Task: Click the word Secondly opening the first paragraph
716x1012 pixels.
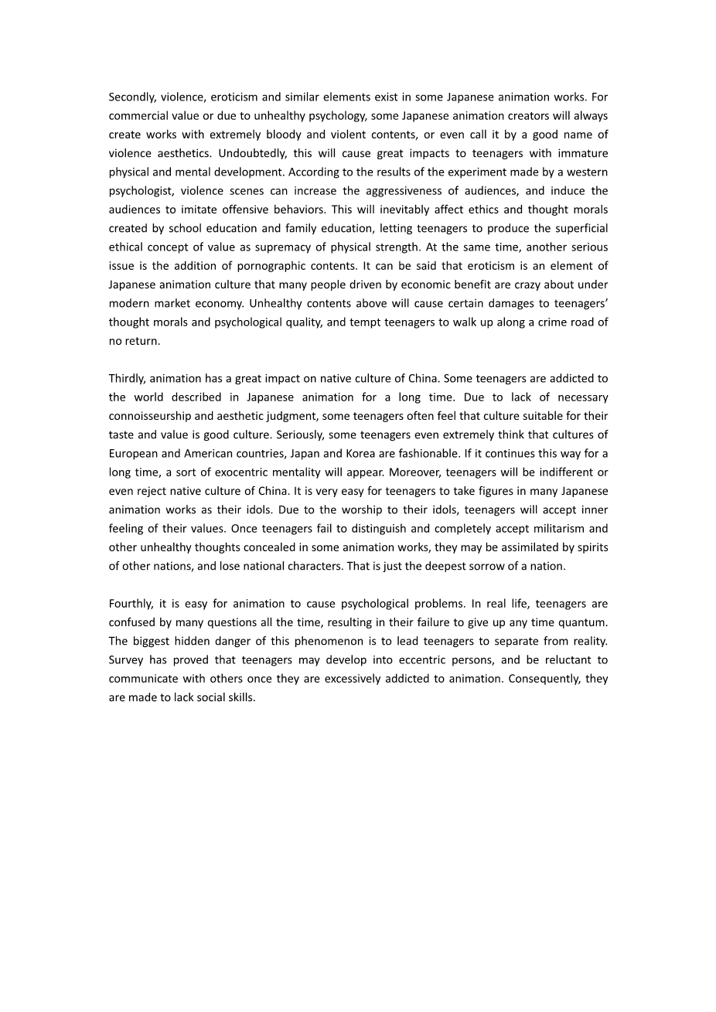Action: (131, 97)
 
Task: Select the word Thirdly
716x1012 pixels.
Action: (127, 378)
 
